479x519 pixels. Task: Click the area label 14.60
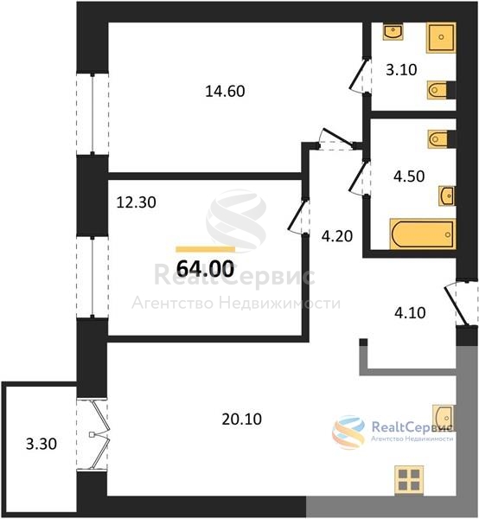point(225,91)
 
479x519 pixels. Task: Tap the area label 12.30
point(136,202)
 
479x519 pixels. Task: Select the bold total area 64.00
point(206,268)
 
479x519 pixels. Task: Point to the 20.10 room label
point(242,419)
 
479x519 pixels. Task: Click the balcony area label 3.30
point(42,444)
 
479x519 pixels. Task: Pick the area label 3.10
point(401,70)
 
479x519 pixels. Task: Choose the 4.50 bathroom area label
point(409,176)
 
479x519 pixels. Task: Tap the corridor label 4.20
point(337,236)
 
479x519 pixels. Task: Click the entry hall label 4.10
point(410,313)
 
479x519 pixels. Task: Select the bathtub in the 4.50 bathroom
point(423,234)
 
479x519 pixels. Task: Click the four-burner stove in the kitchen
point(409,480)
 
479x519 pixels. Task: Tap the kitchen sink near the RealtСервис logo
point(444,418)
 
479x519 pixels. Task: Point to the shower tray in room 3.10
point(441,37)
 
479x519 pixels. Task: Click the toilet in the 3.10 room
point(441,90)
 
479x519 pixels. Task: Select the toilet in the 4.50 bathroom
point(441,139)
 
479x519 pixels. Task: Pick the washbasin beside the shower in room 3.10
point(393,31)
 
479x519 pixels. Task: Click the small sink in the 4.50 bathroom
point(447,196)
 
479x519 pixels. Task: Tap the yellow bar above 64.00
point(206,249)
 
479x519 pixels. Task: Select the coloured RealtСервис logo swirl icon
point(348,432)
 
